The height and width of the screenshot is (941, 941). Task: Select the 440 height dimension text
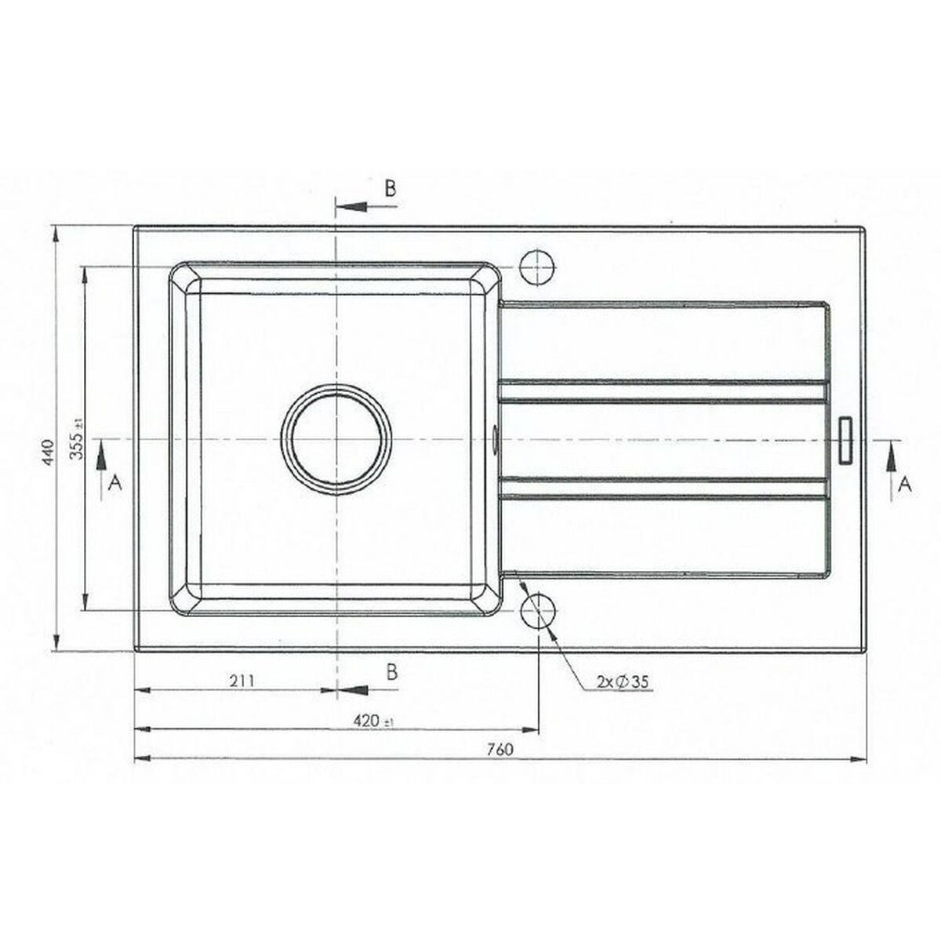(x=49, y=452)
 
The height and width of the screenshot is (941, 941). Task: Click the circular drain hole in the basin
(x=336, y=439)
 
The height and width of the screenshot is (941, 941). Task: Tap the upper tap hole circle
(x=538, y=268)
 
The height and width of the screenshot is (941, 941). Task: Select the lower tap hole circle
(x=539, y=611)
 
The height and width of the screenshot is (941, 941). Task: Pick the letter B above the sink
(x=391, y=188)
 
